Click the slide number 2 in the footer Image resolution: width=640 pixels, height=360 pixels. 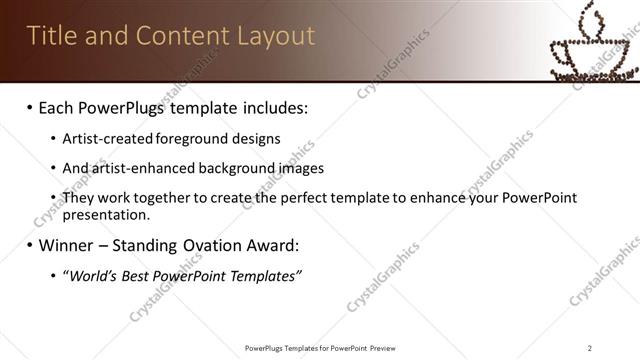coord(590,347)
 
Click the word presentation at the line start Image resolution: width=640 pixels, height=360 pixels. coord(106,214)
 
